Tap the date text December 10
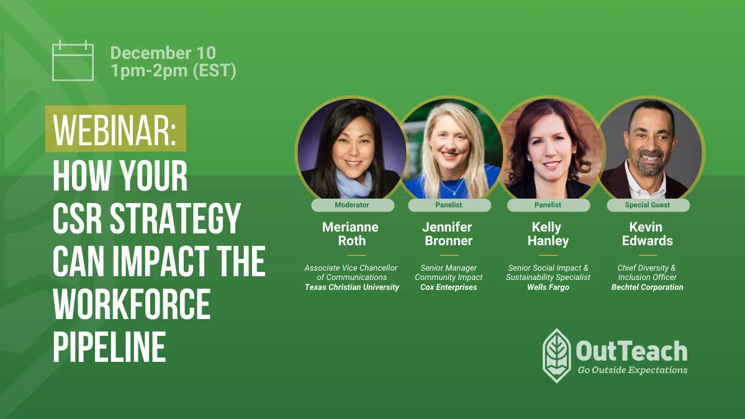[163, 53]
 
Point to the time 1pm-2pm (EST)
[173, 71]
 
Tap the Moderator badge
[352, 205]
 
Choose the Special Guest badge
[648, 205]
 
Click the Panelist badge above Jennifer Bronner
[449, 205]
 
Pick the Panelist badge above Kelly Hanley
[548, 205]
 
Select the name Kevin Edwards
[648, 234]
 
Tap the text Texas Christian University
[352, 287]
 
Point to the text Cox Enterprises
[449, 287]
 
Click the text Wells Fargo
[548, 287]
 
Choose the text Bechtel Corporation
[648, 287]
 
